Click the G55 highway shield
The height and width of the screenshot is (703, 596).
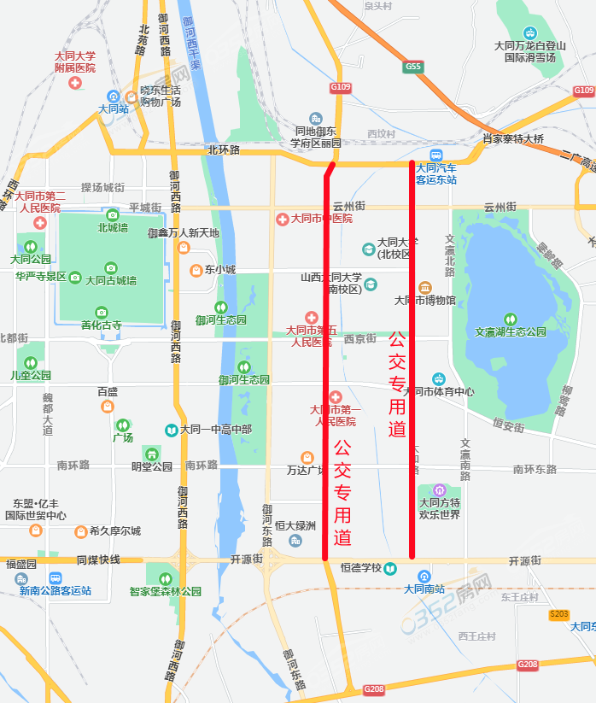click(x=414, y=66)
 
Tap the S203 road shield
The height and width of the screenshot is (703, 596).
click(x=559, y=614)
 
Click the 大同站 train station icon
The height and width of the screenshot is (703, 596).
click(x=114, y=96)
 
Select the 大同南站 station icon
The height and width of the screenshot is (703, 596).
click(x=424, y=575)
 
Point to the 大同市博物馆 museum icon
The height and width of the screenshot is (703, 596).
click(x=424, y=287)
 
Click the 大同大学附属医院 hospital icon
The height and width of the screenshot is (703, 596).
click(x=75, y=83)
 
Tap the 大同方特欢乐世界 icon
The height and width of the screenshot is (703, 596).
click(x=439, y=490)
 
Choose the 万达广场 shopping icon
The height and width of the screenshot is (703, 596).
click(x=307, y=458)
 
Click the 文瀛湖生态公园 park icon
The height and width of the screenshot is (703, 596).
click(x=511, y=319)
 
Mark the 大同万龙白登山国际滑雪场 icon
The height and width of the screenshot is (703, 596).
click(x=530, y=32)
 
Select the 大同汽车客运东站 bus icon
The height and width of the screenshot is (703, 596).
click(x=436, y=155)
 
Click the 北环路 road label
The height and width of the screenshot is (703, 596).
click(x=224, y=149)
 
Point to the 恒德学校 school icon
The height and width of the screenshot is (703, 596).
click(x=389, y=568)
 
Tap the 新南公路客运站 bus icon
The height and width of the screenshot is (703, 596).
click(x=56, y=577)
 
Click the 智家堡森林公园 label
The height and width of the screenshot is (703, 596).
click(x=166, y=591)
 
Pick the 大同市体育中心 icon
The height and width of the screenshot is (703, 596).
click(x=438, y=378)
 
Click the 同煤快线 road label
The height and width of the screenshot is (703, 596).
click(x=98, y=560)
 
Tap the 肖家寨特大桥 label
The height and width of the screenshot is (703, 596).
click(x=513, y=138)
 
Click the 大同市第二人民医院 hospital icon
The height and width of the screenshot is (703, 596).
click(x=39, y=222)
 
